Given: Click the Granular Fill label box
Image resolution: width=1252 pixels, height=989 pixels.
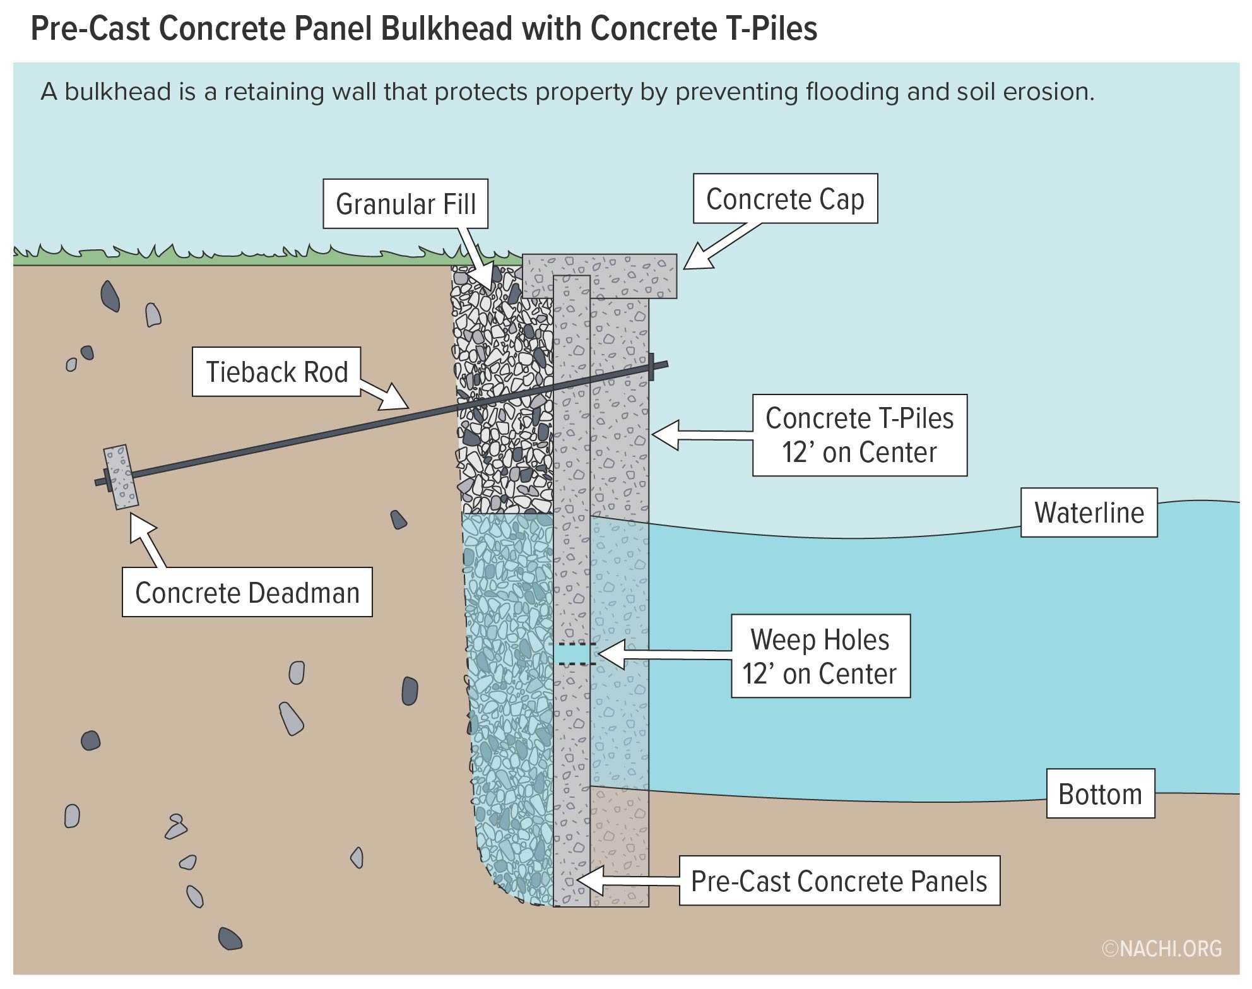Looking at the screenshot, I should pos(405,204).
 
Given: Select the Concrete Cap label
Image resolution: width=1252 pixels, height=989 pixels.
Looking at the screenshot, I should pos(784,199).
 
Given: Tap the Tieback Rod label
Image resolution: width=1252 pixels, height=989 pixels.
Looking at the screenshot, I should pos(276,372).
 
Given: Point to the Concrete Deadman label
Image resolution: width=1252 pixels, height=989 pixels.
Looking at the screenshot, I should pos(247,592).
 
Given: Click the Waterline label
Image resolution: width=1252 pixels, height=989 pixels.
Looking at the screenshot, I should pos(1089,512).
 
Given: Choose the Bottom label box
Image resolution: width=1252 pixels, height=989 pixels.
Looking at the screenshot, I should pos(1100,793).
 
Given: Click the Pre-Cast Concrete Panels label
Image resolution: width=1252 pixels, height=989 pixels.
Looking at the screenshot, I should pos(839,881).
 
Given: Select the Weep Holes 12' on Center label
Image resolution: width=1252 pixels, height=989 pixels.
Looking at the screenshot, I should pos(820,656).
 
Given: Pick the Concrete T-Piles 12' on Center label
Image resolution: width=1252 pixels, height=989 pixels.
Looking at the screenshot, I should pos(859,435).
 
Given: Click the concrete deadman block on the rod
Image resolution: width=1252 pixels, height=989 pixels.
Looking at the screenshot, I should pos(121,477).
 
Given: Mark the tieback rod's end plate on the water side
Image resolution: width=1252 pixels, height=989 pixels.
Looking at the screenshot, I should pos(652,367).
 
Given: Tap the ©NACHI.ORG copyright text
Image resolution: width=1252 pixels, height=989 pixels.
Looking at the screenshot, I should pos(1162,949).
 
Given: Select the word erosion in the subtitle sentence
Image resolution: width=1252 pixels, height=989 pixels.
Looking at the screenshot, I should pos(1048,92).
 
